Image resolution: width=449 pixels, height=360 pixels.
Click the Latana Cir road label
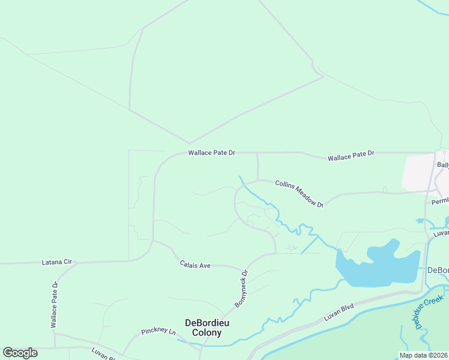(56, 262)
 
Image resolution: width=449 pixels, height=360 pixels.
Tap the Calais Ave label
(195, 265)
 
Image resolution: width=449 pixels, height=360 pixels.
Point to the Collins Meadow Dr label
(299, 194)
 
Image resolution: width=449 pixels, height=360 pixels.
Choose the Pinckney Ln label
(158, 331)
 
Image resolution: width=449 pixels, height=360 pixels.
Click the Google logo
(20, 353)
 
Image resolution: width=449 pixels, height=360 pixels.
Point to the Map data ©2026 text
(423, 355)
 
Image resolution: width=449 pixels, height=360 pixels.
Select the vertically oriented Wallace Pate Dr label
(54, 304)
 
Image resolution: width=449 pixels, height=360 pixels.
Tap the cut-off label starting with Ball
(443, 164)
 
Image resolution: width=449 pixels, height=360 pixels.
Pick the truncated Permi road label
(440, 202)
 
